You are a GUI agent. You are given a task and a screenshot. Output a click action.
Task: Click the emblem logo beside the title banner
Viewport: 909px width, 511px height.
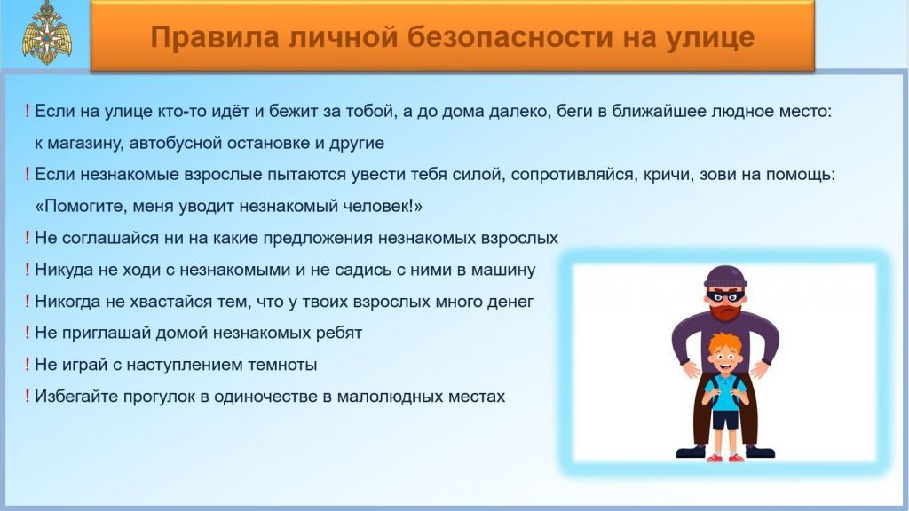(47, 32)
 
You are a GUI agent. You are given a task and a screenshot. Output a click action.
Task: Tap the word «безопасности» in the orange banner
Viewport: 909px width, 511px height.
(510, 37)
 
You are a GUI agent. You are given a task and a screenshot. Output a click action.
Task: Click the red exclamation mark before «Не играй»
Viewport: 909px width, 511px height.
(27, 364)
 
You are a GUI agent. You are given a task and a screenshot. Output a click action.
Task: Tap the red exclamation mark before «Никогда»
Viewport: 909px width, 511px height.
(27, 301)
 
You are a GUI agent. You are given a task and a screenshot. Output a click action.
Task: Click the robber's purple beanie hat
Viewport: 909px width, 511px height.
(724, 277)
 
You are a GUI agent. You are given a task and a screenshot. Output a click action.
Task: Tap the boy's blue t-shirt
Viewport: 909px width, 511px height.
(724, 393)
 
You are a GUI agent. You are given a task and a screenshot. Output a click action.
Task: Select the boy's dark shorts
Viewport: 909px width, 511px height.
(724, 420)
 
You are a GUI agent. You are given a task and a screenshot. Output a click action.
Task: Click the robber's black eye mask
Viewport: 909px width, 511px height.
(724, 296)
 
